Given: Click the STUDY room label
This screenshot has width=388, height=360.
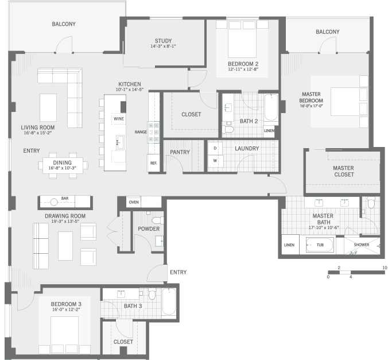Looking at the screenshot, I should click(164, 41).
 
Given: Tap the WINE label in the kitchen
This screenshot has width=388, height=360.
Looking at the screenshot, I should click(119, 118).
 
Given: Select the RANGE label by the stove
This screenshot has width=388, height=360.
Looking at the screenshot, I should click(140, 131).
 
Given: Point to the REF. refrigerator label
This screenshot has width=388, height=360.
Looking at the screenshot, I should click(153, 163).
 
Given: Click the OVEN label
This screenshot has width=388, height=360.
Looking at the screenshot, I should click(134, 202).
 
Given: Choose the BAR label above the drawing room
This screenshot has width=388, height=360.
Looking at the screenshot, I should click(65, 199).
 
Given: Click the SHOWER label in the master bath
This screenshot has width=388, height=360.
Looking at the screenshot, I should click(361, 245).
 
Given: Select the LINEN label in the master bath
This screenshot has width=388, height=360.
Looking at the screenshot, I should click(289, 245).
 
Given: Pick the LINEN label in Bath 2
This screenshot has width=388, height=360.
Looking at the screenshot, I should click(269, 131).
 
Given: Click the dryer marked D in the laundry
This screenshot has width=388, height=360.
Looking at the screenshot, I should click(215, 148).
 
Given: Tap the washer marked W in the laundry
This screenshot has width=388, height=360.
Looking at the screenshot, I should click(215, 160).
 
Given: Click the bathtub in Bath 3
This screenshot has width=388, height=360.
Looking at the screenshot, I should click(169, 301).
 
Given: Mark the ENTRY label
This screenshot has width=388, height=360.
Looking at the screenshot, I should click(31, 150).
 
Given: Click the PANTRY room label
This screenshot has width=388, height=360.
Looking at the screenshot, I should click(180, 152).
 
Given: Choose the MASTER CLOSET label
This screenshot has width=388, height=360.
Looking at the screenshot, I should click(343, 172).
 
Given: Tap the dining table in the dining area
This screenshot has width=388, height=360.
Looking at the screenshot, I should click(63, 165).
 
